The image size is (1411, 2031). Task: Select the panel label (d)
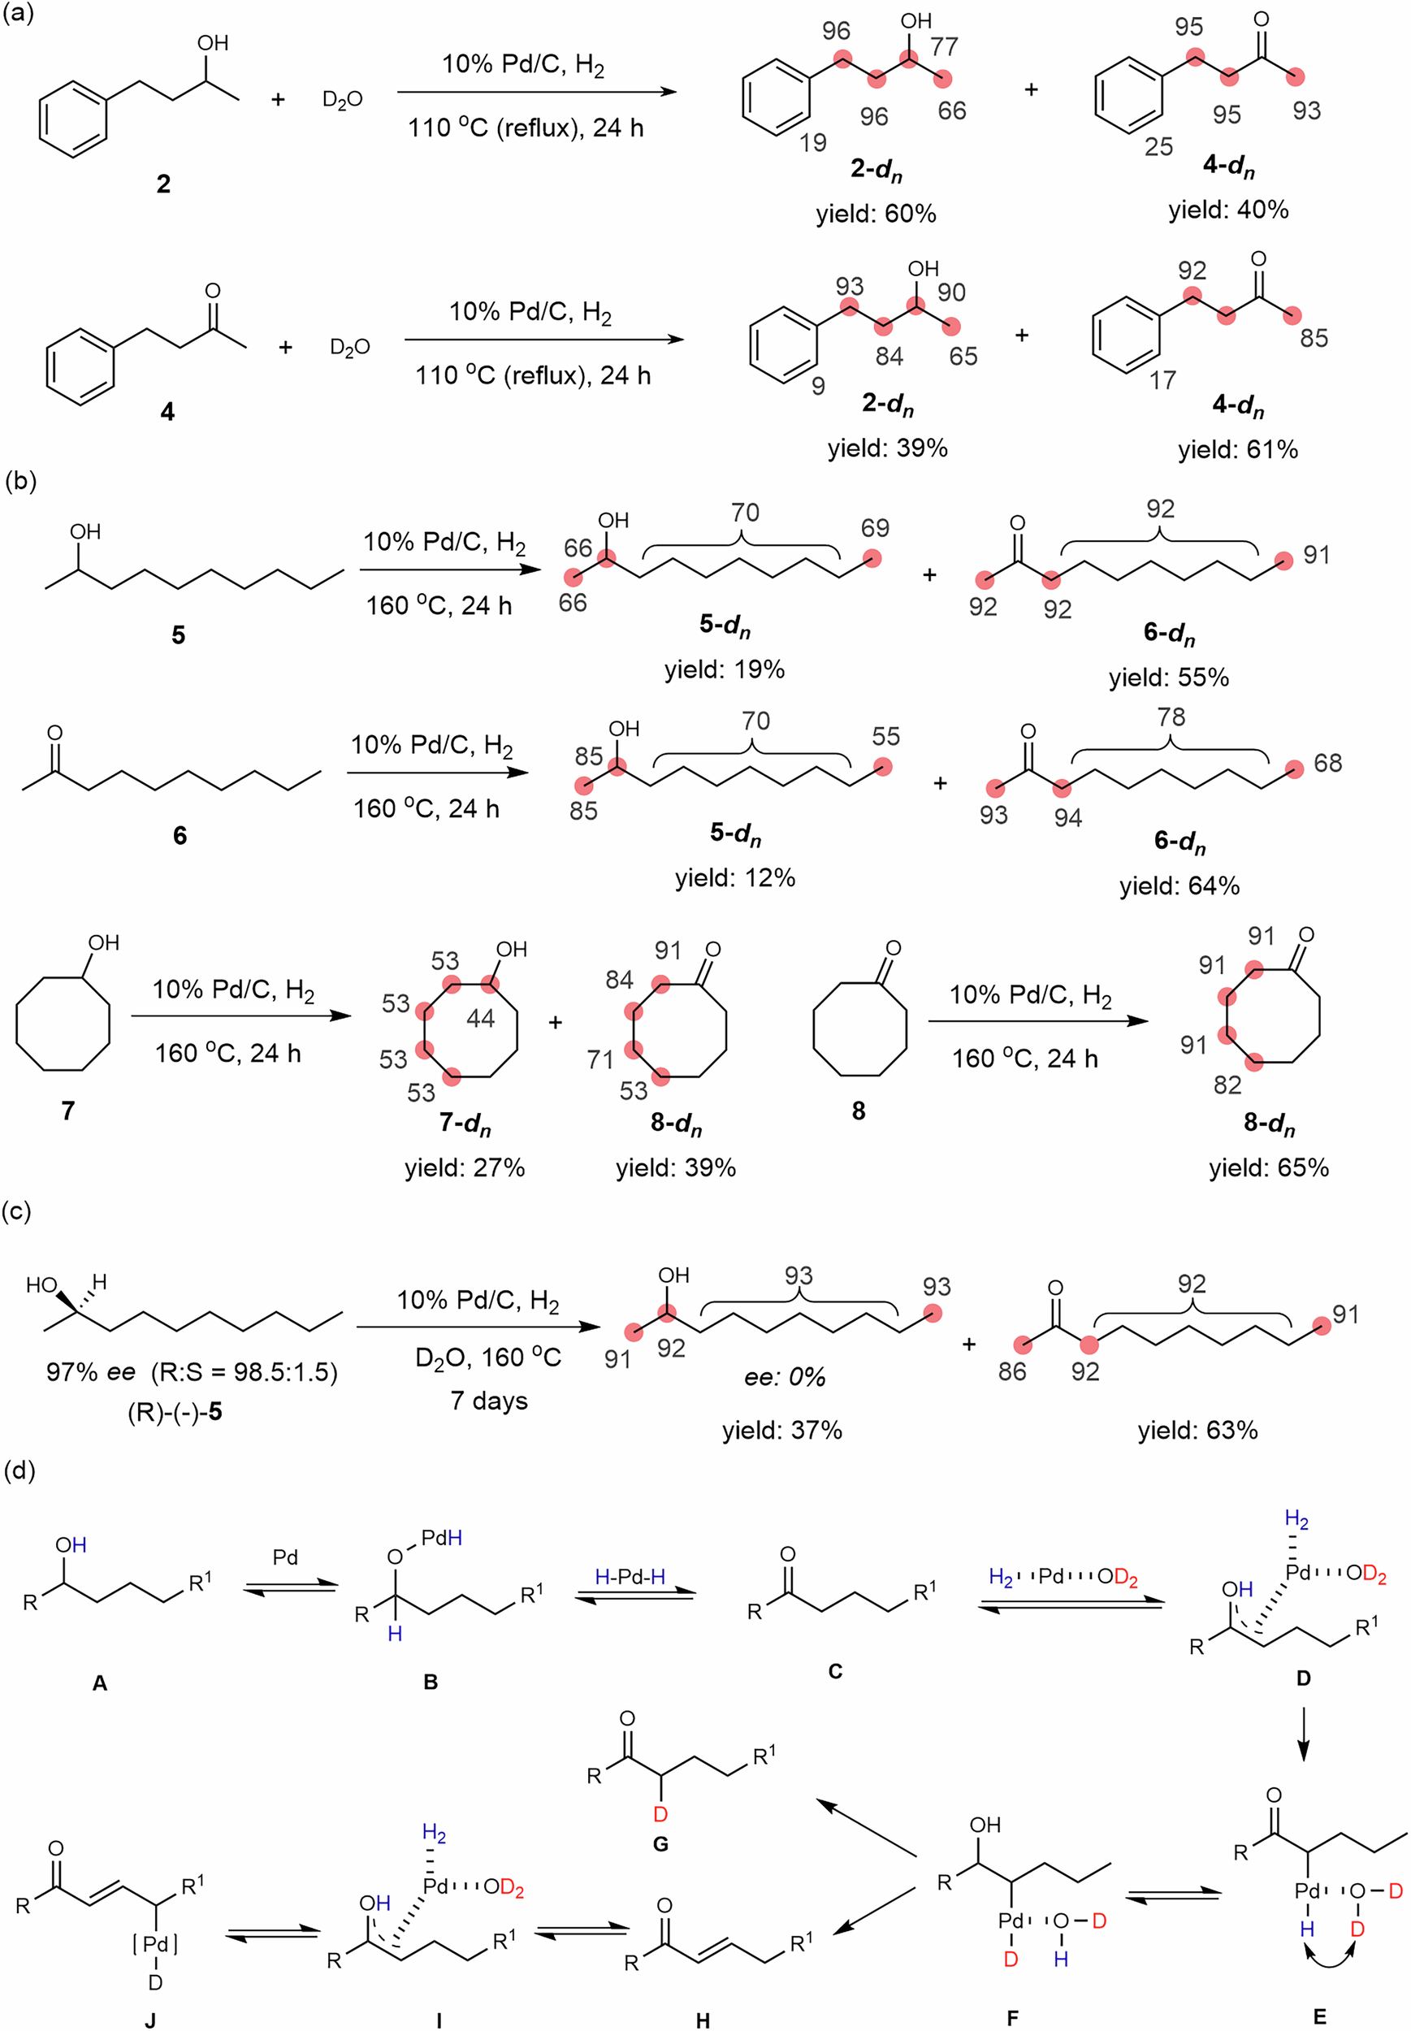pos(19,1470)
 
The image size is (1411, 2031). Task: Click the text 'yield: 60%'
pos(875,213)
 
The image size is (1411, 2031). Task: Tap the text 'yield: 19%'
pos(724,669)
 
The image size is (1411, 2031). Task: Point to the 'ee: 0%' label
pos(784,1377)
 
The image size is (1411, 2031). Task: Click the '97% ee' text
pos(90,1371)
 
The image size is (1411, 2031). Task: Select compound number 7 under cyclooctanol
pos(68,1110)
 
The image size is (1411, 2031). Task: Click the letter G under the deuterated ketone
pos(660,1843)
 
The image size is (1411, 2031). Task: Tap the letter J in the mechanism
pos(150,2020)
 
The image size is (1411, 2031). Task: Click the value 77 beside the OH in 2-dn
pos(944,46)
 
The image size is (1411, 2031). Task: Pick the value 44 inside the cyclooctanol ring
pos(480,1019)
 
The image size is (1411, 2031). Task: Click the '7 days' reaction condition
pos(489,1401)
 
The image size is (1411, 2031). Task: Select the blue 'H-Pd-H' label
pos(630,1575)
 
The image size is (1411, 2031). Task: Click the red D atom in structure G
pos(660,1814)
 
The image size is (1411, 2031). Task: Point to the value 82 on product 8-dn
pos(1227,1084)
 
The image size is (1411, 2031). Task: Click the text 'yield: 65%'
pos(1269,1167)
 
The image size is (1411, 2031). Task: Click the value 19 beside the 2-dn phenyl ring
pos(812,141)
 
